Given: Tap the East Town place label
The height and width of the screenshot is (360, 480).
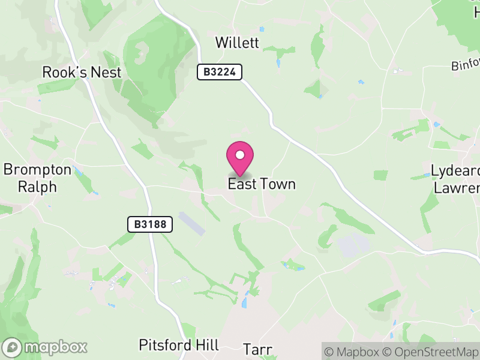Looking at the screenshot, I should tap(262, 184).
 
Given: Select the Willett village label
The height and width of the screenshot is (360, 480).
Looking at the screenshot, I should tap(237, 43).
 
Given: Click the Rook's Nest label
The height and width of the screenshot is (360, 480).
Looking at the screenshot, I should tap(82, 73).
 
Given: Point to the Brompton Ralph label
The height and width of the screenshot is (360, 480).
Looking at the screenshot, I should tap(37, 178).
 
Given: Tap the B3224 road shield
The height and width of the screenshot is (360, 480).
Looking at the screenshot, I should tap(220, 73).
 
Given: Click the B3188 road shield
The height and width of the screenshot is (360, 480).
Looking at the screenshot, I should tap(150, 224).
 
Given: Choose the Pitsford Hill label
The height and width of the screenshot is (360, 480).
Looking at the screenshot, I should tap(179, 345).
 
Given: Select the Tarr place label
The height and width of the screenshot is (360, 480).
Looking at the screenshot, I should tap(259, 349).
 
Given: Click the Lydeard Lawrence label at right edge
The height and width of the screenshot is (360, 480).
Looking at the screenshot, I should tap(456, 179).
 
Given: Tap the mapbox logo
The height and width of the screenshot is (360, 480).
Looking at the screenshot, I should tap(46, 347).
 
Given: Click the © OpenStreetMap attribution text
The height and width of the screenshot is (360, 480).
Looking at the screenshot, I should tap(431, 351).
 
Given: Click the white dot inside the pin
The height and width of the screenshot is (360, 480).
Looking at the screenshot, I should tap(240, 155).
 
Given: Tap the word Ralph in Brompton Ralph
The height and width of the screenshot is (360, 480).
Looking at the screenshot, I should tap(37, 187).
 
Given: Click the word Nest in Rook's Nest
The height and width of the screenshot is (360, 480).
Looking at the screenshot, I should tap(106, 73).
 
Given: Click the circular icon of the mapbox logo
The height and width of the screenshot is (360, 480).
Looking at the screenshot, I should tap(13, 347).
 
